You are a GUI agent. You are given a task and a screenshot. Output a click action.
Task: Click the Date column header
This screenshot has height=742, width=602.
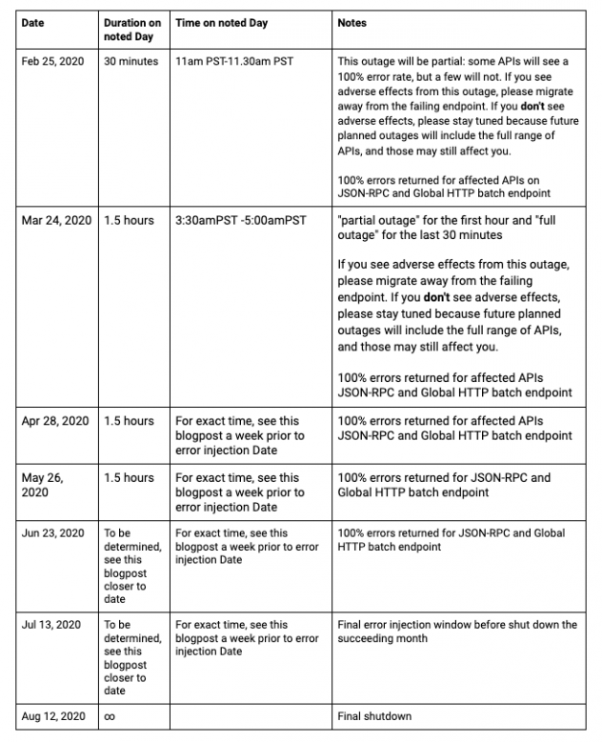click(x=34, y=22)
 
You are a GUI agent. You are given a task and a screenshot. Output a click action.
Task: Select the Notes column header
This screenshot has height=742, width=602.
click(x=352, y=22)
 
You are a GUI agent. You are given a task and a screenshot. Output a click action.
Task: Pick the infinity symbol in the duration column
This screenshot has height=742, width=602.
click(x=110, y=716)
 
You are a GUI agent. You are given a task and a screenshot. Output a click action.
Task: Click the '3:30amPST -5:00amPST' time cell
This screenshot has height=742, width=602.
click(x=241, y=220)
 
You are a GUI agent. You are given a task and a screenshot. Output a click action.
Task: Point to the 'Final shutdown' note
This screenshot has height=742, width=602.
click(x=374, y=716)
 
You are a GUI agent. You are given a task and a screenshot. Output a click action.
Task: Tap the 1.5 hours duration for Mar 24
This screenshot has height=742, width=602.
click(x=128, y=220)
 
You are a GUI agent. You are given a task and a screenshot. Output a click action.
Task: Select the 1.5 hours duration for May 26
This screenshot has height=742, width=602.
click(x=128, y=477)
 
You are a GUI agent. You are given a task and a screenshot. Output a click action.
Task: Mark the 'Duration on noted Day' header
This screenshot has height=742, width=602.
click(x=132, y=29)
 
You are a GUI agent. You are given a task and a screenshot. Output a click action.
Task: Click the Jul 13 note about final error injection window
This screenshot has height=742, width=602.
click(x=457, y=632)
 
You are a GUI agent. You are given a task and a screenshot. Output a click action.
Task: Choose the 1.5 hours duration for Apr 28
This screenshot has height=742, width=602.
click(x=128, y=420)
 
